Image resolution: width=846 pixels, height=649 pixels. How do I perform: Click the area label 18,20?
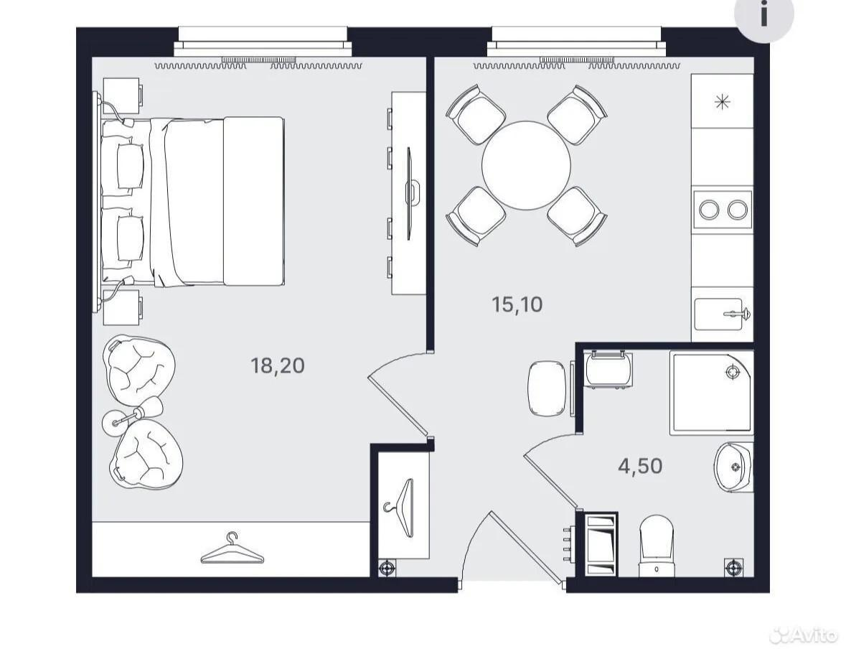pos(277,366)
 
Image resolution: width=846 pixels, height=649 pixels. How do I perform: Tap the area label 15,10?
pos(517,304)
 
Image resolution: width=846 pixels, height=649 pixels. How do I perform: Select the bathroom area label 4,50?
pos(640,465)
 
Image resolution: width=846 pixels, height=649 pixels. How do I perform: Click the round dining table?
pos(526,165)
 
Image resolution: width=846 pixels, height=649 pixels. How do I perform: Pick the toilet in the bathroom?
pos(656,546)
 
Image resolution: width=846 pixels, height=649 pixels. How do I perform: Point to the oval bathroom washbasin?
pos(734,467)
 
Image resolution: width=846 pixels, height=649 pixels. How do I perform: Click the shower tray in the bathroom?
pos(712,393)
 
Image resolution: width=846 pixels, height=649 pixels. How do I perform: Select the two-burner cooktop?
pos(723,209)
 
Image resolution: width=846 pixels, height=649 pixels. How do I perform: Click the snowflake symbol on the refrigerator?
pos(722,101)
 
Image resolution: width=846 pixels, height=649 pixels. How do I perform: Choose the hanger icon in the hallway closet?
pos(401,508)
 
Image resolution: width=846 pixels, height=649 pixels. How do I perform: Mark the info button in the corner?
pos(764,15)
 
